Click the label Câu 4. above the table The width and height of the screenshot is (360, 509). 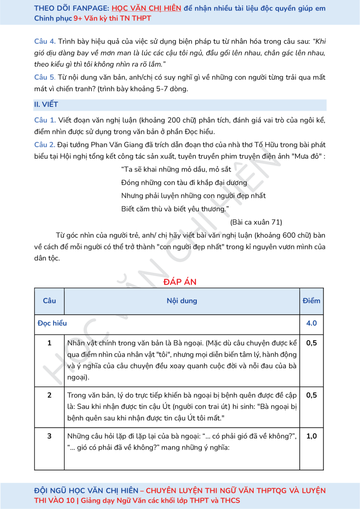click(45, 42)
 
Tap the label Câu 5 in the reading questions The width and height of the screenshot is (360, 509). click(45, 78)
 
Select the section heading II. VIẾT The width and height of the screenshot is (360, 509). click(46, 104)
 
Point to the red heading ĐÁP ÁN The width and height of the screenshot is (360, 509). click(180, 282)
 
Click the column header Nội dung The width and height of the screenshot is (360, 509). click(181, 301)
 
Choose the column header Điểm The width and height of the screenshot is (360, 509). click(312, 301)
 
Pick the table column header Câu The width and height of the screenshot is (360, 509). click(49, 301)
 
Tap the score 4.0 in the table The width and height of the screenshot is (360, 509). click(312, 323)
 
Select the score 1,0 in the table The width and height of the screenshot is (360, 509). click(312, 436)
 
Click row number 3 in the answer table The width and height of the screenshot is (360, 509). click(49, 436)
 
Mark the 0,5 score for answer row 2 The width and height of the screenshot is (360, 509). click(312, 395)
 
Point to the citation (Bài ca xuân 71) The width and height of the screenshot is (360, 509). click(256, 222)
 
